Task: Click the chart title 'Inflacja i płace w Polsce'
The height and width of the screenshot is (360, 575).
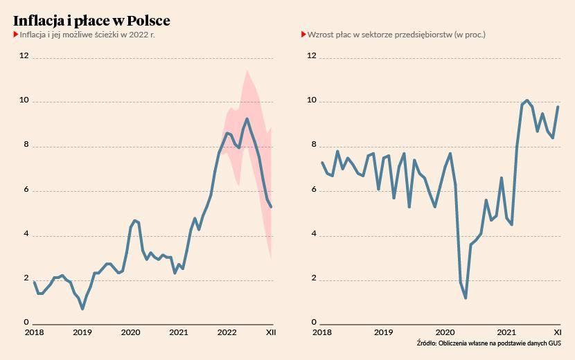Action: click(91, 21)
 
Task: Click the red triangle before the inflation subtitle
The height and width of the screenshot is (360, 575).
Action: click(15, 34)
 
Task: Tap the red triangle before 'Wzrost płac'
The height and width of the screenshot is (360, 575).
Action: click(303, 34)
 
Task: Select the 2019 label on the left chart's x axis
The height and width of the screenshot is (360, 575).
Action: click(82, 333)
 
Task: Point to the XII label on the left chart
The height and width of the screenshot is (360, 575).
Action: click(271, 333)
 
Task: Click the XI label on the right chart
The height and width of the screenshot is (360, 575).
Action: click(556, 333)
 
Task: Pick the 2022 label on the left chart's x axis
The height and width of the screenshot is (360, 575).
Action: click(227, 333)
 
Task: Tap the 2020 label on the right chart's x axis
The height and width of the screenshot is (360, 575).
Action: click(445, 333)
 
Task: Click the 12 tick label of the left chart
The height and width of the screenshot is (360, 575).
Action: click(24, 55)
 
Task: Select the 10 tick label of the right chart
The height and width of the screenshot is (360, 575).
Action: click(311, 100)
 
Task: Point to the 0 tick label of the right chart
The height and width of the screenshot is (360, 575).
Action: click(313, 323)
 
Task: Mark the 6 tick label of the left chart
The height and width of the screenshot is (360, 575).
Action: click(26, 189)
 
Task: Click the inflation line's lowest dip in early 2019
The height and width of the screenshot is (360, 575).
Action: click(82, 309)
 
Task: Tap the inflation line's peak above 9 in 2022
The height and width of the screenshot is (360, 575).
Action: click(247, 118)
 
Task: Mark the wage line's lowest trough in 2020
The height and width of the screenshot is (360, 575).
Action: click(466, 298)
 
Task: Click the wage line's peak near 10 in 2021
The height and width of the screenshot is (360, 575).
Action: click(527, 100)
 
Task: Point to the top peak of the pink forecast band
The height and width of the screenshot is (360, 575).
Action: click(247, 70)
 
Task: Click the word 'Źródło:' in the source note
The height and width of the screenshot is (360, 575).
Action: click(427, 343)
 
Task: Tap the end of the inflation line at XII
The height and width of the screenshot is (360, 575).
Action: click(272, 207)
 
